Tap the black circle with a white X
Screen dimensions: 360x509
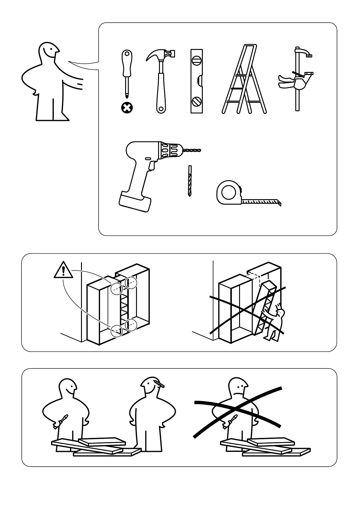point(127,108)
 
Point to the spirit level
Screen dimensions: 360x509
point(196,81)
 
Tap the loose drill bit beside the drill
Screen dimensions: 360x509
point(190,181)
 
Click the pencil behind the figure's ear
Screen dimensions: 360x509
point(159,384)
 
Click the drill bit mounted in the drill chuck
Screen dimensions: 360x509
point(192,150)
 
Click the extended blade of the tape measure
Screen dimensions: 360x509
point(262,201)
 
